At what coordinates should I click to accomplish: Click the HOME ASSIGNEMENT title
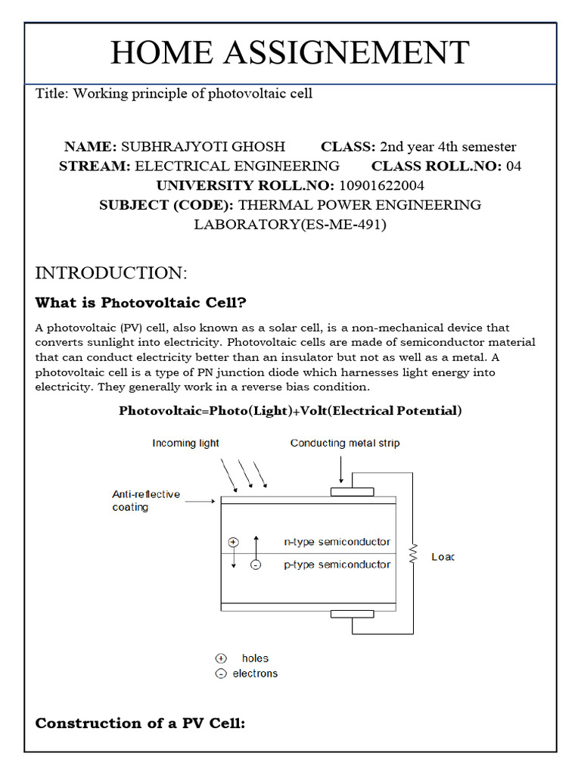[290, 53]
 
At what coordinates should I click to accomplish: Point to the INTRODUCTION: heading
[110, 272]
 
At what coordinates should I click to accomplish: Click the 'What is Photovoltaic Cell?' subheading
[141, 303]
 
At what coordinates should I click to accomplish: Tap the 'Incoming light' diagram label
[185, 443]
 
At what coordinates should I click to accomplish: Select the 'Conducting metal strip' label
[345, 443]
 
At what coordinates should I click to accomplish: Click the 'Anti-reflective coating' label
[146, 500]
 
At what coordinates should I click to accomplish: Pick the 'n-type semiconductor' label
[337, 542]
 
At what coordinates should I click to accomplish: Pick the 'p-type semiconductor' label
[337, 565]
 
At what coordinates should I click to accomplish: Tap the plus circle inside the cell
[233, 542]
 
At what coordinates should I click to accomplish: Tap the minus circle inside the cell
[255, 565]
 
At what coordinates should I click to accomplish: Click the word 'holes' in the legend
[255, 658]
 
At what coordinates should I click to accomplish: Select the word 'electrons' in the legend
[255, 674]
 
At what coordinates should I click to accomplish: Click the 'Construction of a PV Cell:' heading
[141, 724]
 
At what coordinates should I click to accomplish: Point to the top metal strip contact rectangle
[352, 492]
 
